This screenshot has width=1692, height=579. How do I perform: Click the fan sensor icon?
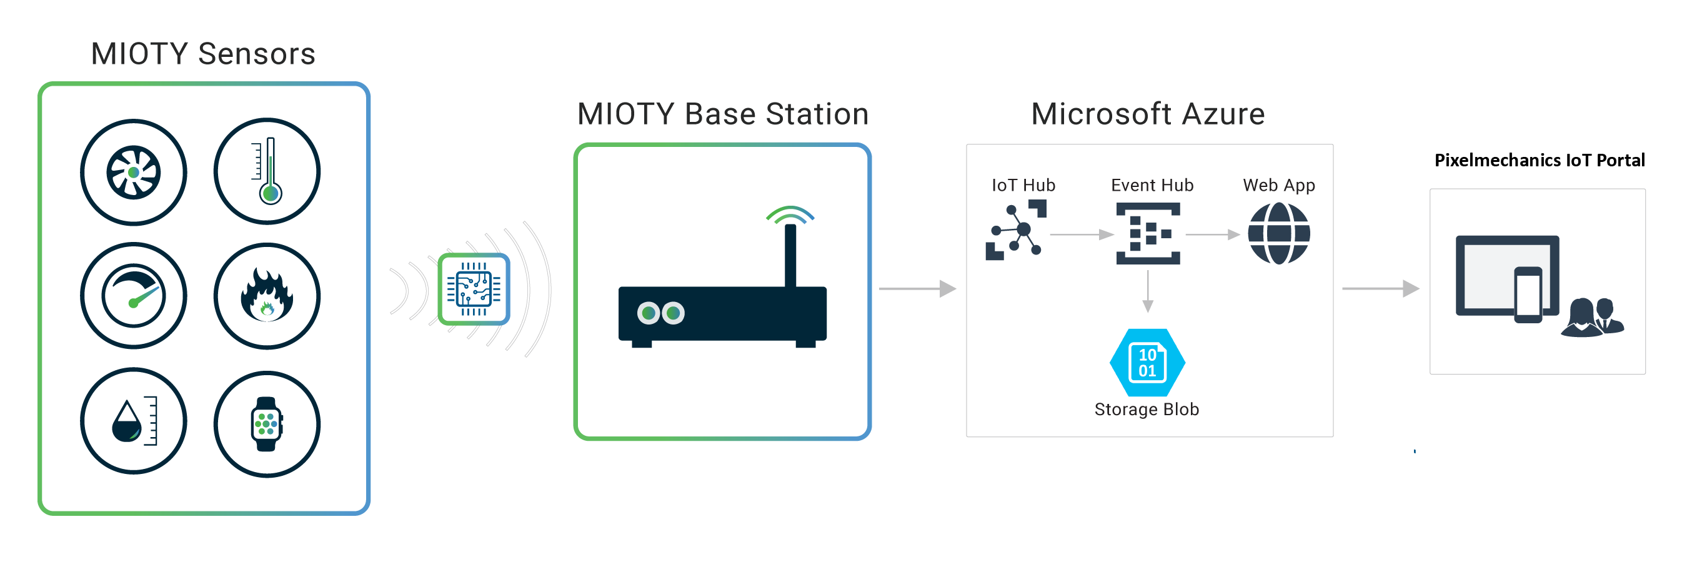pos(133,172)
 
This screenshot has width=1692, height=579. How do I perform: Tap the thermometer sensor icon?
pos(267,171)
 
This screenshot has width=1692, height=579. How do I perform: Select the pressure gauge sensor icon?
pos(133,296)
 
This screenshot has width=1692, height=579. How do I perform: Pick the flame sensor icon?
pos(267,296)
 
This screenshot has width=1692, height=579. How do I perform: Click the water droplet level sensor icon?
pos(133,421)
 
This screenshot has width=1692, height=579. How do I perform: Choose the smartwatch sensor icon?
pos(267,424)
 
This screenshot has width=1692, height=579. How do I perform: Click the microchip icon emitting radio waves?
pos(474,289)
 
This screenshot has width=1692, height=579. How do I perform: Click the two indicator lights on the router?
pos(661,313)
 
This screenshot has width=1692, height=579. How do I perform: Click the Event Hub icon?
pos(1148,233)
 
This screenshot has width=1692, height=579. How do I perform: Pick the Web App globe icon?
pos(1278,233)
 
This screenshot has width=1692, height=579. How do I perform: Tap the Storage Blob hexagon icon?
pos(1147,362)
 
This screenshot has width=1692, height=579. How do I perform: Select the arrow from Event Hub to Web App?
pos(1213,234)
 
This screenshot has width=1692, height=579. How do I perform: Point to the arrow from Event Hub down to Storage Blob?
pos(1148,291)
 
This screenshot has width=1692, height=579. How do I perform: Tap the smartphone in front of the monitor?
pos(1528,295)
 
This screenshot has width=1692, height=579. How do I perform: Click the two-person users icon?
pos(1592,318)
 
